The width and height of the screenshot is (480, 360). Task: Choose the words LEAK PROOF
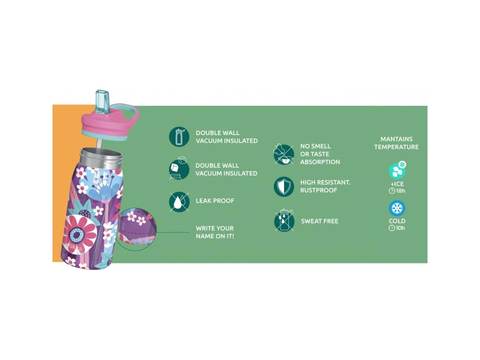[x=215, y=201]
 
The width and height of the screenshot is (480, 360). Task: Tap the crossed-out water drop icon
[x=179, y=202]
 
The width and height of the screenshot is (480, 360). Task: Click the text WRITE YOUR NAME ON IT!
[x=215, y=232]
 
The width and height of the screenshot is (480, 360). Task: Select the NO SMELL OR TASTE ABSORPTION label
[x=320, y=154]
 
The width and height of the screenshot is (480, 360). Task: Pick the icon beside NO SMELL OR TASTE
[x=284, y=154]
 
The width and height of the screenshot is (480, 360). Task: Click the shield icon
[x=284, y=187]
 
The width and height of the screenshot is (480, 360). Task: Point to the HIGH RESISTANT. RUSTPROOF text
[x=325, y=187]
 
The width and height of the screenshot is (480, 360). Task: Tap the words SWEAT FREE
[x=320, y=221]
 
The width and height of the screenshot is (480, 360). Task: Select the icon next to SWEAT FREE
[x=284, y=221]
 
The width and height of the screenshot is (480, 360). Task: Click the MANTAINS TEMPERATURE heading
[x=397, y=143]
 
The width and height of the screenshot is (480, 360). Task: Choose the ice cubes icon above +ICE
[x=397, y=171]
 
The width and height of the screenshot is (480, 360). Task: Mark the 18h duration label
[x=397, y=191]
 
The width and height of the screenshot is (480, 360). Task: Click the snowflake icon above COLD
[x=397, y=209]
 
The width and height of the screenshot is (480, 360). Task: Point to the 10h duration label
[x=397, y=228]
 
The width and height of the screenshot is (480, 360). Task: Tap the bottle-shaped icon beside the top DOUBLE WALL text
[x=179, y=137]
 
